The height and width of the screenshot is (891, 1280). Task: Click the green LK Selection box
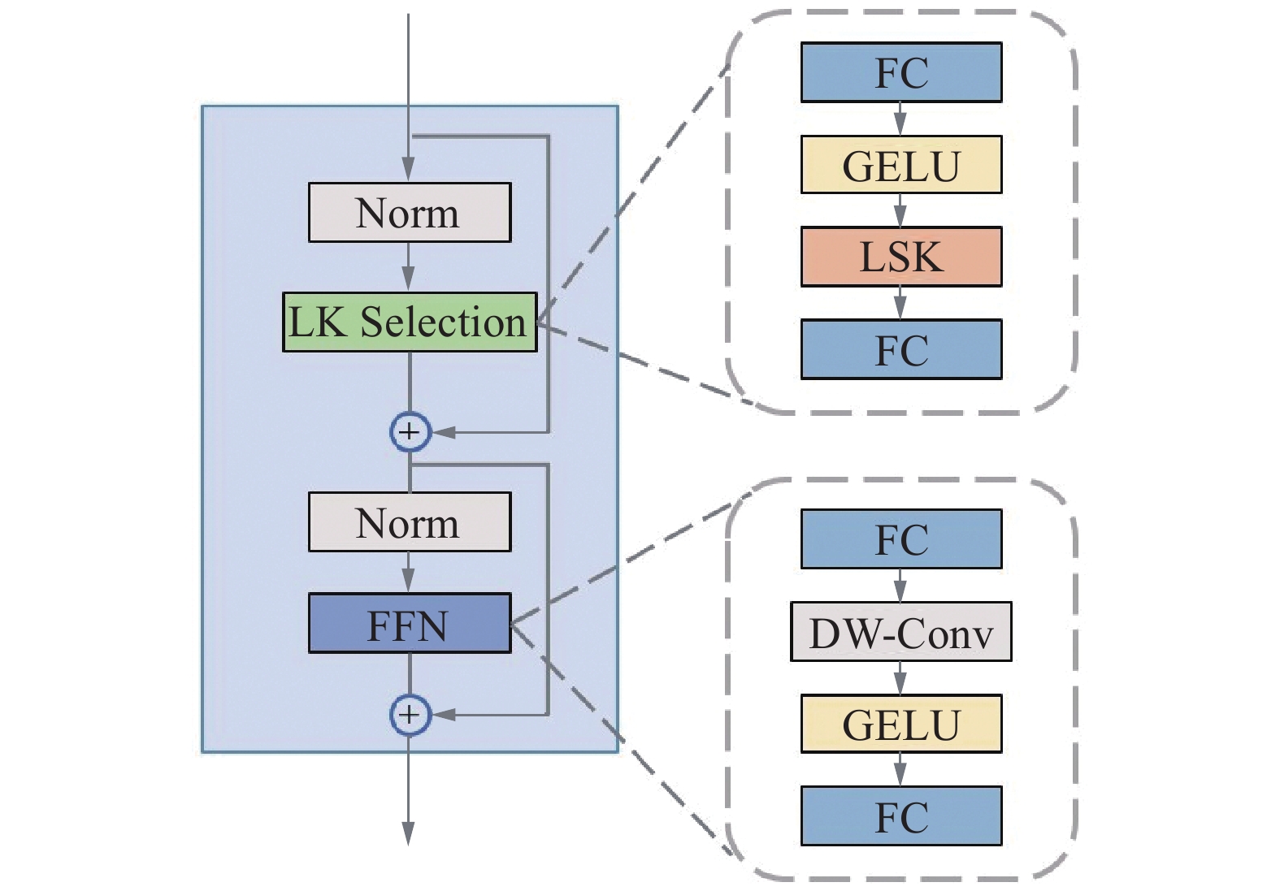[x=410, y=322]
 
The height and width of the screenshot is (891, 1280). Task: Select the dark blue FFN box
[x=410, y=623]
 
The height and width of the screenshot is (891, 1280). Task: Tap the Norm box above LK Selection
[x=410, y=213]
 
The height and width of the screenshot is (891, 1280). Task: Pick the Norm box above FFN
[x=410, y=522]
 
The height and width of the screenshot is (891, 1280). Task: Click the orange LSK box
[x=900, y=257]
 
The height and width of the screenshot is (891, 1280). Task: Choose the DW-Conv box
[x=900, y=632]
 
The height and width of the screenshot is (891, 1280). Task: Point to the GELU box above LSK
[x=900, y=165]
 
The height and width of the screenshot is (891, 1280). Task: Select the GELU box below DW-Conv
[x=900, y=724]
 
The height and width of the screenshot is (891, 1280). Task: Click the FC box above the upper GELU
[x=900, y=72]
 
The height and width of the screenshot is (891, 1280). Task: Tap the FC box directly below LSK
[x=900, y=349]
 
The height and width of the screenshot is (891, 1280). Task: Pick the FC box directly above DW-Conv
[x=900, y=539]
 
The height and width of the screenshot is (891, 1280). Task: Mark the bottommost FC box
[x=900, y=816]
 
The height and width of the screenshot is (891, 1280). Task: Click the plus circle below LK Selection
[x=410, y=431]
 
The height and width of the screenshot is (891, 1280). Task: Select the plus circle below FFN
[x=410, y=715]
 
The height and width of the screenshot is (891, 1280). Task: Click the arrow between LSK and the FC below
[x=900, y=304]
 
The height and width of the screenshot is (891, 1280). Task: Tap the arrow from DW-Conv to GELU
[x=900, y=678]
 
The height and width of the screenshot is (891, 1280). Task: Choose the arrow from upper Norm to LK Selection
[x=409, y=268]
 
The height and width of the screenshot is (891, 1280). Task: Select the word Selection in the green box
[x=443, y=322]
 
